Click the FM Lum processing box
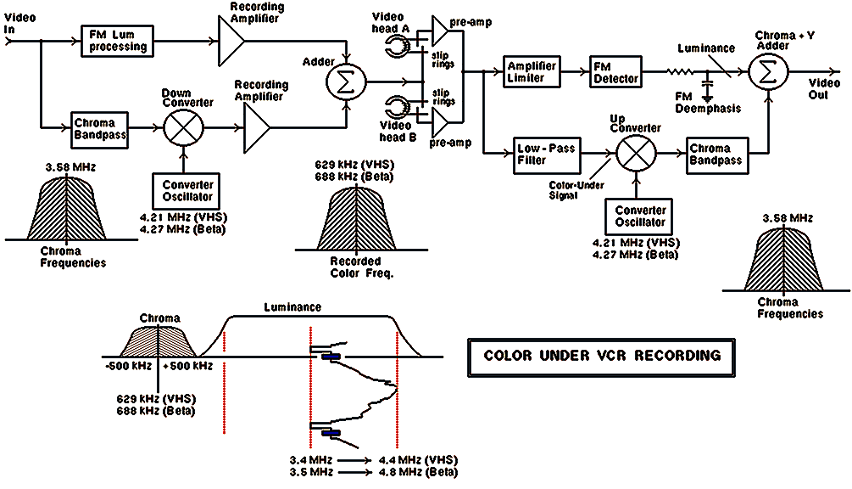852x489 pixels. tap(118, 40)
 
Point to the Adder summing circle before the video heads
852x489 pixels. tap(346, 83)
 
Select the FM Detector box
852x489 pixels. tap(615, 72)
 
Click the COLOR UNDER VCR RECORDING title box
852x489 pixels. tap(602, 355)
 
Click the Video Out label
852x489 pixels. tap(823, 89)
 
